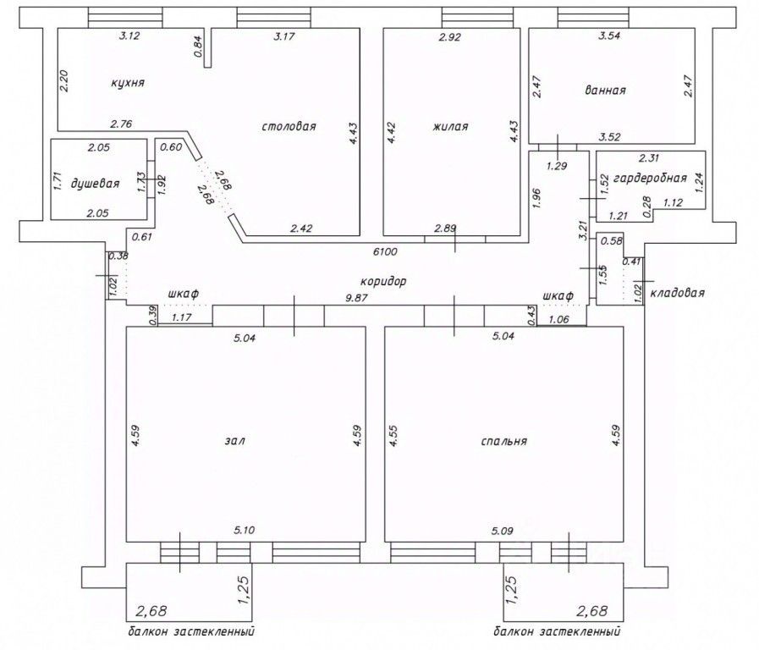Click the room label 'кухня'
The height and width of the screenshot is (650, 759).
point(128,83)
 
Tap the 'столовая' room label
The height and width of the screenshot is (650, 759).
point(289,127)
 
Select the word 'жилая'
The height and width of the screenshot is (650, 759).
point(450,127)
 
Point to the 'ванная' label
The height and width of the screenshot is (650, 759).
point(605,90)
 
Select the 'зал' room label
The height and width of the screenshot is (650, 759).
point(238,441)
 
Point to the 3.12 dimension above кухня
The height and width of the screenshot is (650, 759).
point(129,36)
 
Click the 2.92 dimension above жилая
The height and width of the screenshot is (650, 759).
point(449,36)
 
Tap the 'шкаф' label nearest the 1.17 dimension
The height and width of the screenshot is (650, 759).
point(183,293)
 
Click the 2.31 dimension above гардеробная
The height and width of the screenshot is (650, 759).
point(649,157)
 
